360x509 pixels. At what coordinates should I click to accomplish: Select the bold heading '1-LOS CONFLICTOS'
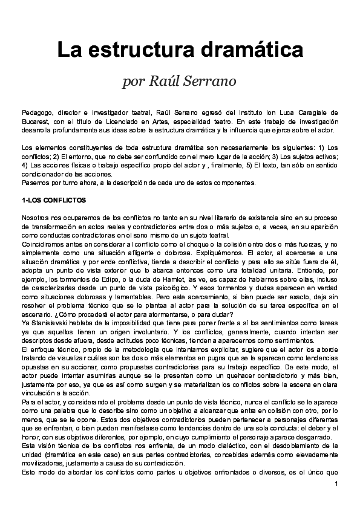coord(54,200)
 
